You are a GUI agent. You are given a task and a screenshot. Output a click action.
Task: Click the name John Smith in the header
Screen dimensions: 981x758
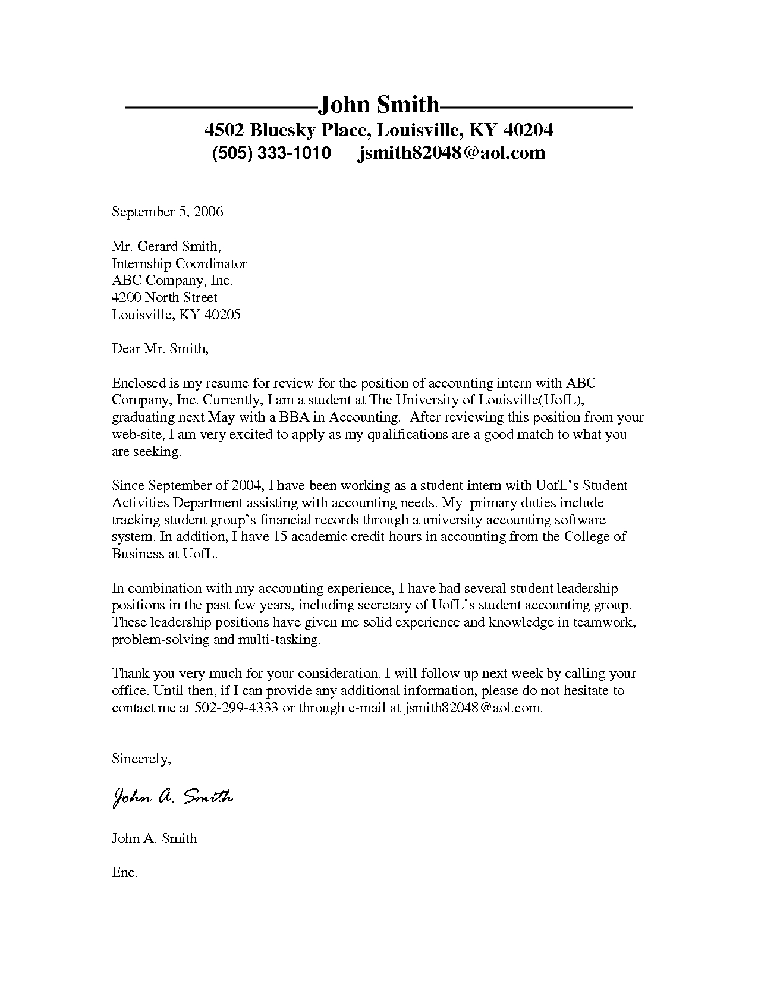[x=379, y=105]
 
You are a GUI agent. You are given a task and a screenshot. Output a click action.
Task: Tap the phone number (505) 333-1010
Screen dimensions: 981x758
[x=271, y=153]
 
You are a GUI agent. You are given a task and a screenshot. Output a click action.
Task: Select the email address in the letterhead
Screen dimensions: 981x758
[x=451, y=153]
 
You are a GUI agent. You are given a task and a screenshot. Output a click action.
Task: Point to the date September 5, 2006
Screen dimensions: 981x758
[x=167, y=212]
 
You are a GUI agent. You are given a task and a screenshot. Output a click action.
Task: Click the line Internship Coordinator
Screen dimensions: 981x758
[x=179, y=263]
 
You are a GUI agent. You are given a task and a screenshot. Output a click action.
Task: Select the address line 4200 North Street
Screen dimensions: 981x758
[x=165, y=297]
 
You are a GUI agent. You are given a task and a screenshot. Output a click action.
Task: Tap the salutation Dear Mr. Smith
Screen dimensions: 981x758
[x=160, y=348]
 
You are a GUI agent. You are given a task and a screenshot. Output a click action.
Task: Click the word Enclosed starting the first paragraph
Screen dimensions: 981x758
[x=137, y=383]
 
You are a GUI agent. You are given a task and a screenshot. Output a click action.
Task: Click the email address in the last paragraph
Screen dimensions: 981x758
[x=473, y=708]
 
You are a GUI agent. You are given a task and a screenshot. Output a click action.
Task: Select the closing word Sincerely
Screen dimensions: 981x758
[x=141, y=759]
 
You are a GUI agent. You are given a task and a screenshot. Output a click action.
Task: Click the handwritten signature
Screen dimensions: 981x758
[x=172, y=797]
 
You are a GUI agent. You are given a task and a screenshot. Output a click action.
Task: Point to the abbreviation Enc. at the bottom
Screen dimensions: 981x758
[x=124, y=872]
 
